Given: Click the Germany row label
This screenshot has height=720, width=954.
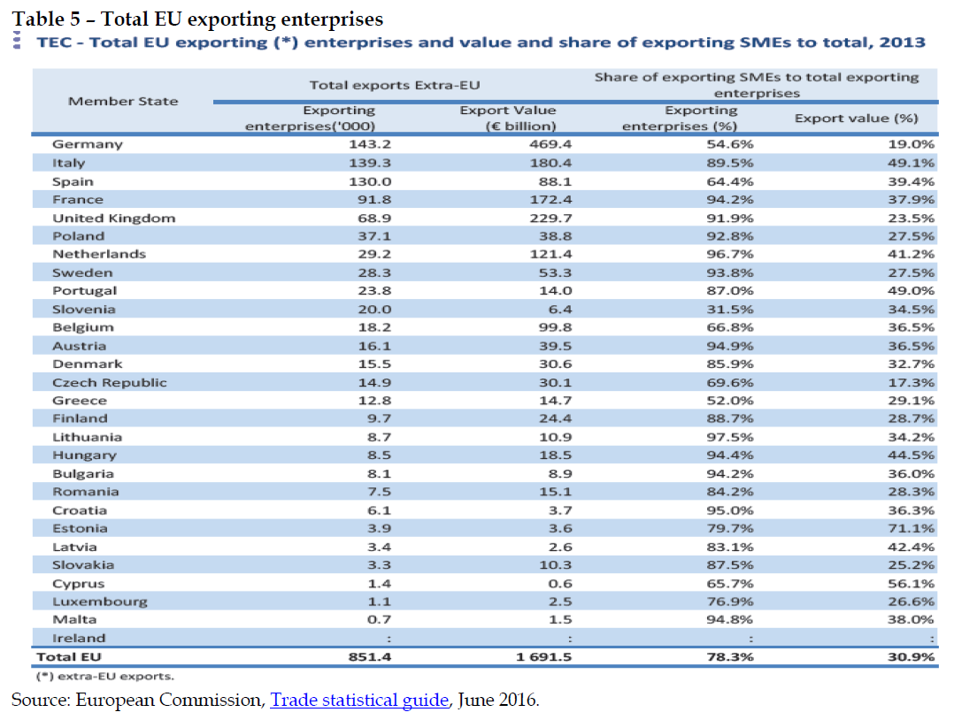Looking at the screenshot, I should [87, 144].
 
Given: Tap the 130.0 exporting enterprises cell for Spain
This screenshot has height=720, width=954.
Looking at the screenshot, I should [372, 181].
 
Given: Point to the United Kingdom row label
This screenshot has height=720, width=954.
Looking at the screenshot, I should [113, 218].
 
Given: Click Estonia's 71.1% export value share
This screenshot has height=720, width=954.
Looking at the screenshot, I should [911, 528].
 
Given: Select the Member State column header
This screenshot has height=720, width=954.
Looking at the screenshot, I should [123, 101].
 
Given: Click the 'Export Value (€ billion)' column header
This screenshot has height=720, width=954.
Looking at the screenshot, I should [508, 118].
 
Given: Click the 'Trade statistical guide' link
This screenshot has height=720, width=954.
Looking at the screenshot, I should [359, 701].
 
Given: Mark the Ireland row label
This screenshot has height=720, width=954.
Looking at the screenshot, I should [78, 638].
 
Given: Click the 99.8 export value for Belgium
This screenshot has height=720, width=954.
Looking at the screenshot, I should [555, 327].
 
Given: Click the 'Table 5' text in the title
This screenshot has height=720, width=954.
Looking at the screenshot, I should [43, 18].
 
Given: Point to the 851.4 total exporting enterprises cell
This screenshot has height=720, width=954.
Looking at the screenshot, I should [370, 657].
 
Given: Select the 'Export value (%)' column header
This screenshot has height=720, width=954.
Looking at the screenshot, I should [856, 118].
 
